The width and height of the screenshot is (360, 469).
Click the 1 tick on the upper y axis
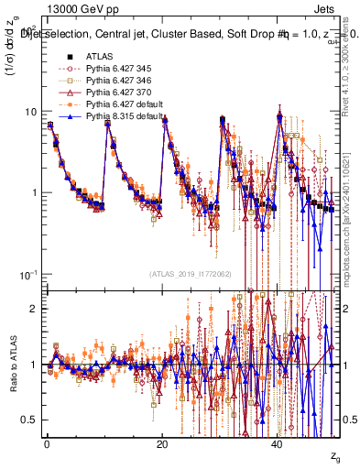[x=34, y=193]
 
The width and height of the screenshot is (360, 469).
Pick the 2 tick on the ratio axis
[x=34, y=309]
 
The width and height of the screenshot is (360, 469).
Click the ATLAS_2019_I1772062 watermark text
[x=191, y=274]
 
